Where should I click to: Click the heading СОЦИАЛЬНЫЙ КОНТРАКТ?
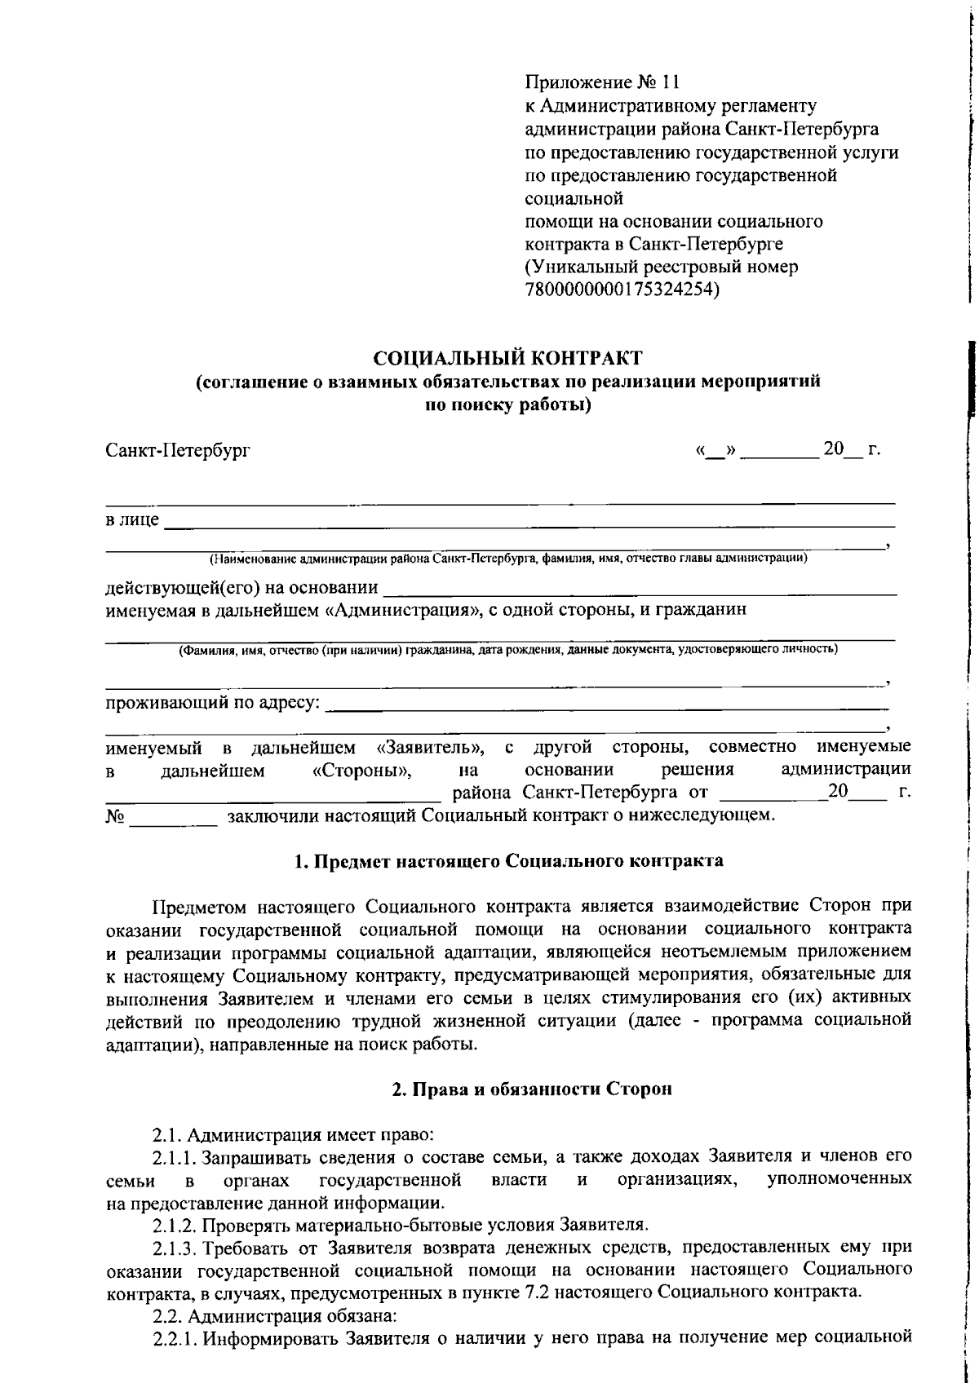pyautogui.click(x=507, y=357)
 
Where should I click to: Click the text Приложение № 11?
pyautogui.click(x=601, y=82)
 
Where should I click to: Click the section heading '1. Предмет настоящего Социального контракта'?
pyautogui.click(x=507, y=861)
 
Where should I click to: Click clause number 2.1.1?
pyautogui.click(x=174, y=1156)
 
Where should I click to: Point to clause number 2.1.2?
pyautogui.click(x=174, y=1225)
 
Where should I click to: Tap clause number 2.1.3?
pyautogui.click(x=174, y=1248)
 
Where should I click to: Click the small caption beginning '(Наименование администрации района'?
pyautogui.click(x=507, y=559)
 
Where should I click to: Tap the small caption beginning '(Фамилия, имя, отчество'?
pyautogui.click(x=507, y=650)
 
